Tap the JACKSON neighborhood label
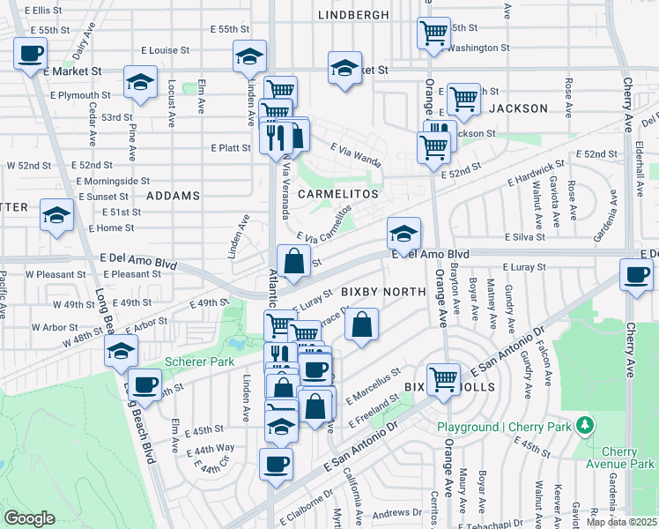click(x=518, y=108)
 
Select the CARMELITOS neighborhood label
click(x=337, y=193)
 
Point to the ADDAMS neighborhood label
click(x=173, y=195)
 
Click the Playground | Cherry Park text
click(x=505, y=428)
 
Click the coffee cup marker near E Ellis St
click(x=29, y=53)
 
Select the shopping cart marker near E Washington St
click(x=433, y=34)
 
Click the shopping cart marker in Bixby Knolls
click(x=444, y=379)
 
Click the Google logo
click(x=29, y=518)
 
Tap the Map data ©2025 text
click(x=622, y=522)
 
